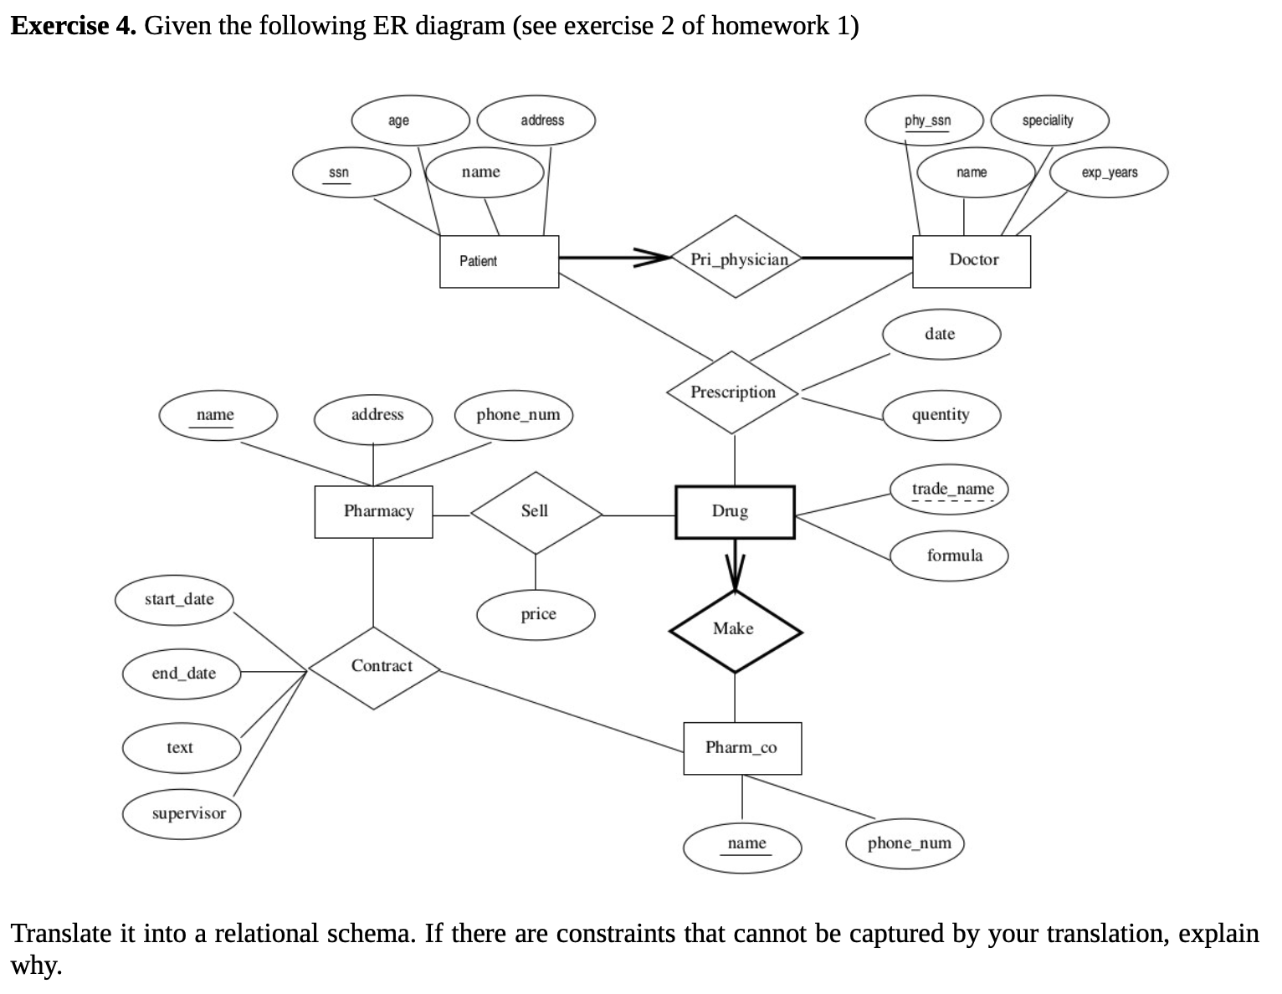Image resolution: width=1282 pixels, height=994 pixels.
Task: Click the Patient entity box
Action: tap(499, 261)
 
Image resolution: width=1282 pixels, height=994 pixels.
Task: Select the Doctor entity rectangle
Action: tap(972, 260)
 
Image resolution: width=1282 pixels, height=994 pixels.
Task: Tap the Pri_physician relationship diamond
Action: tap(736, 259)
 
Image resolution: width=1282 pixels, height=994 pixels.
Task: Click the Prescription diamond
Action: tap(733, 392)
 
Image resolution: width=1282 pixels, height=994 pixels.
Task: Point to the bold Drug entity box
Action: tap(734, 511)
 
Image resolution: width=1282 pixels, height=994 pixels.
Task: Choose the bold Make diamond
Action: tap(735, 630)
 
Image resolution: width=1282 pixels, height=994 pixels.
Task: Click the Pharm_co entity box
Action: tap(741, 747)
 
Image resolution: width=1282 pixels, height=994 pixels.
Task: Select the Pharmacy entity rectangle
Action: tap(374, 511)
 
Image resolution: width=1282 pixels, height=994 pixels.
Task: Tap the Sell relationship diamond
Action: tap(536, 511)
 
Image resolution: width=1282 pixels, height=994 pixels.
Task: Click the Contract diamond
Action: tap(374, 667)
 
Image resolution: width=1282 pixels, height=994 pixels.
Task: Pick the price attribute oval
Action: tap(536, 614)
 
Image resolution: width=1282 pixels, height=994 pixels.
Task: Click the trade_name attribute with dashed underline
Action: tap(951, 489)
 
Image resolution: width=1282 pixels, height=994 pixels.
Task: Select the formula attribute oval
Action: tap(951, 556)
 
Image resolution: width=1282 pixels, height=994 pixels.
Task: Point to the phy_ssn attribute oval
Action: tap(926, 120)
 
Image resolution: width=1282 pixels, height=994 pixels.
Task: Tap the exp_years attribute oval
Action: tap(1108, 172)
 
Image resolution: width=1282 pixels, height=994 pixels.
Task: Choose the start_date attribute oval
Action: tap(175, 600)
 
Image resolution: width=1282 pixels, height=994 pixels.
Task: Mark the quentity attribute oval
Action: tap(941, 415)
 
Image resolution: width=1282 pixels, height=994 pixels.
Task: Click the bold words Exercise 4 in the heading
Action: tap(73, 26)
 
